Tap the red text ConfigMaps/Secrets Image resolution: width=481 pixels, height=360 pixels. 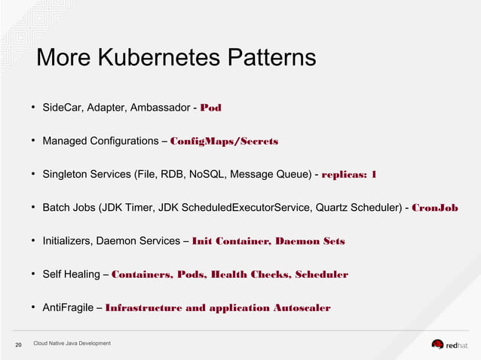coord(225,141)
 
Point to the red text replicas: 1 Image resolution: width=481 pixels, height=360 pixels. coord(349,175)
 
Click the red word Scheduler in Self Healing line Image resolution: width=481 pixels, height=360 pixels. coord(322,274)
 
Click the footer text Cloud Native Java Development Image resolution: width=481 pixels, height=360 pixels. coord(72,343)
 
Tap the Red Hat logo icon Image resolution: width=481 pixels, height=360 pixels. coord(438,344)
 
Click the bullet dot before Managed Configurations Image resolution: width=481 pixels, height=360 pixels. coord(34,141)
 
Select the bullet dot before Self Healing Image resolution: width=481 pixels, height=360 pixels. coord(34,274)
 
